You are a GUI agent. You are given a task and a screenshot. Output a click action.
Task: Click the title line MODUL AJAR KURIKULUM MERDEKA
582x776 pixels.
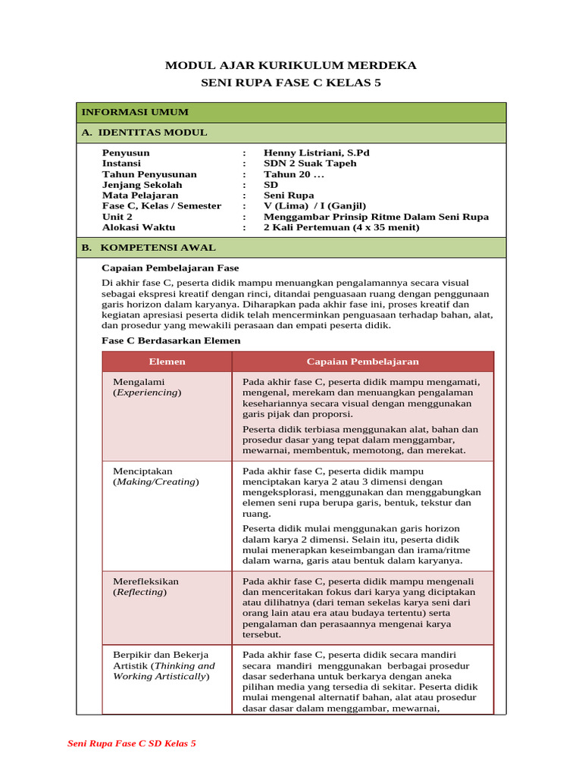tap(291, 65)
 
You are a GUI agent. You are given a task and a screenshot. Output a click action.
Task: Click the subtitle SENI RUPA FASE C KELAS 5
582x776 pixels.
tap(291, 83)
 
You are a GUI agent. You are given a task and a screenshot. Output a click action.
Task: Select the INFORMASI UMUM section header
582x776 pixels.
tap(135, 112)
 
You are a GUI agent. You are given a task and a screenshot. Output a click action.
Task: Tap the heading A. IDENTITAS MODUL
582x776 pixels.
tap(144, 133)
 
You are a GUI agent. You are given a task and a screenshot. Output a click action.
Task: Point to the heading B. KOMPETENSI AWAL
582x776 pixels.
tap(149, 248)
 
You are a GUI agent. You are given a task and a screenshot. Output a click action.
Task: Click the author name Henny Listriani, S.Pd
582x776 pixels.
tap(316, 153)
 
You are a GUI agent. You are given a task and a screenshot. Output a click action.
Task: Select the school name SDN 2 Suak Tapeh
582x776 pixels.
tap(309, 164)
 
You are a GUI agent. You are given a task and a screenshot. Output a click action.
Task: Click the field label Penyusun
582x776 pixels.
tap(126, 153)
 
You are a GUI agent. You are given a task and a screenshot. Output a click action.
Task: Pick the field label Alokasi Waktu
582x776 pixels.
tap(139, 227)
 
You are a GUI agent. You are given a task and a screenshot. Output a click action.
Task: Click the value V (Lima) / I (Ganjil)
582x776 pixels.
tap(314, 206)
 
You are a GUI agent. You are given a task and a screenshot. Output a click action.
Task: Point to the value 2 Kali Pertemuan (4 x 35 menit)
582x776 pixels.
tap(341, 227)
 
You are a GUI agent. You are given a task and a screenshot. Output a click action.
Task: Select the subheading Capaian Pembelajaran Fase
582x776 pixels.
tap(171, 268)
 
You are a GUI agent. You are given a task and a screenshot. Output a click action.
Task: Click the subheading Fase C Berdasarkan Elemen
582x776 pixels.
tap(171, 341)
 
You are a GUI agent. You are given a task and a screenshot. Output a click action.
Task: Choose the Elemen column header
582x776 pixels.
tap(167, 361)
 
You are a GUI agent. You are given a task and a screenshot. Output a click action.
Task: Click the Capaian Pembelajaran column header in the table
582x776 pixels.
tap(362, 361)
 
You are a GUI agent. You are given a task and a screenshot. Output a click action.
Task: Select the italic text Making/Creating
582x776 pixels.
tap(156, 482)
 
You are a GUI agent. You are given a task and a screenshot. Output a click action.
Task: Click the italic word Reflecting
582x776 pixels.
tap(140, 592)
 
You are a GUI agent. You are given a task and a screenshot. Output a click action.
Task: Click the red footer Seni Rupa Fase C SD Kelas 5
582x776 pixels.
tap(132, 743)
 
